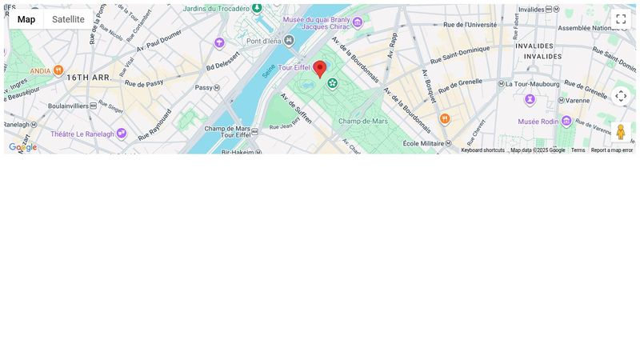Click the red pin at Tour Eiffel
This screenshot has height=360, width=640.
click(320, 68)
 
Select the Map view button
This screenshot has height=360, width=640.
click(26, 19)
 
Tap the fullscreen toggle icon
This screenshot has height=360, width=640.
click(621, 19)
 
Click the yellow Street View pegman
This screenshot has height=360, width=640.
click(620, 132)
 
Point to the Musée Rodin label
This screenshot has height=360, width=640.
click(539, 122)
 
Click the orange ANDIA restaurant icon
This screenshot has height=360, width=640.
click(58, 70)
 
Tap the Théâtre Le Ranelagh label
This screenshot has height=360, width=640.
click(82, 134)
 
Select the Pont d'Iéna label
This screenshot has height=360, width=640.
click(263, 41)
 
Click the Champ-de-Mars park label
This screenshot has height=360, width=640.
click(362, 122)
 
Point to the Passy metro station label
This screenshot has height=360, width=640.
click(204, 87)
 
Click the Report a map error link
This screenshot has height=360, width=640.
click(611, 150)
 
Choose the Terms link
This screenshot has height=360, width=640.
click(578, 150)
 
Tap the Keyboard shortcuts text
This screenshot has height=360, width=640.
click(482, 150)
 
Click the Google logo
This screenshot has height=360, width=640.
click(22, 147)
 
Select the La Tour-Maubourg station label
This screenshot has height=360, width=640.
click(530, 83)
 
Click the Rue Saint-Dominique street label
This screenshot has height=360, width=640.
click(458, 58)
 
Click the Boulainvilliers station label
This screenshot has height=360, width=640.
click(67, 105)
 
